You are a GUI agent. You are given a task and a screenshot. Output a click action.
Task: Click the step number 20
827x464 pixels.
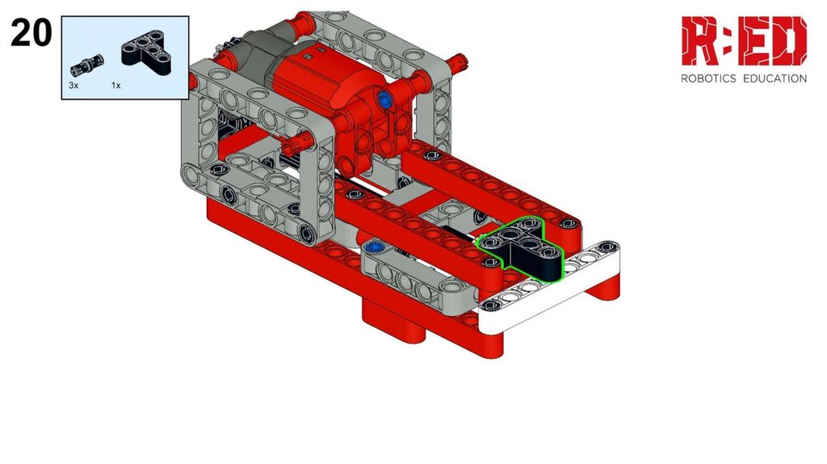(31, 32)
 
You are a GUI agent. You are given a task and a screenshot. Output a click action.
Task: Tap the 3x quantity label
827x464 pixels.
(73, 85)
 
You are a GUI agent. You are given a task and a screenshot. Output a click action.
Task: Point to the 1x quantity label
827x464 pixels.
(116, 85)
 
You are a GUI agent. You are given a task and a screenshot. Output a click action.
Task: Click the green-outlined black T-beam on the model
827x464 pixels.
(523, 248)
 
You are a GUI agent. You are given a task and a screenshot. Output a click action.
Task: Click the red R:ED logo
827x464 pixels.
(744, 40)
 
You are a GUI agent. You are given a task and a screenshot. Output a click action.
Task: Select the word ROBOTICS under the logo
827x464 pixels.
(707, 78)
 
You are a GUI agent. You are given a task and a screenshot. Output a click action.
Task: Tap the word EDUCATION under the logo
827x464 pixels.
(775, 78)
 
